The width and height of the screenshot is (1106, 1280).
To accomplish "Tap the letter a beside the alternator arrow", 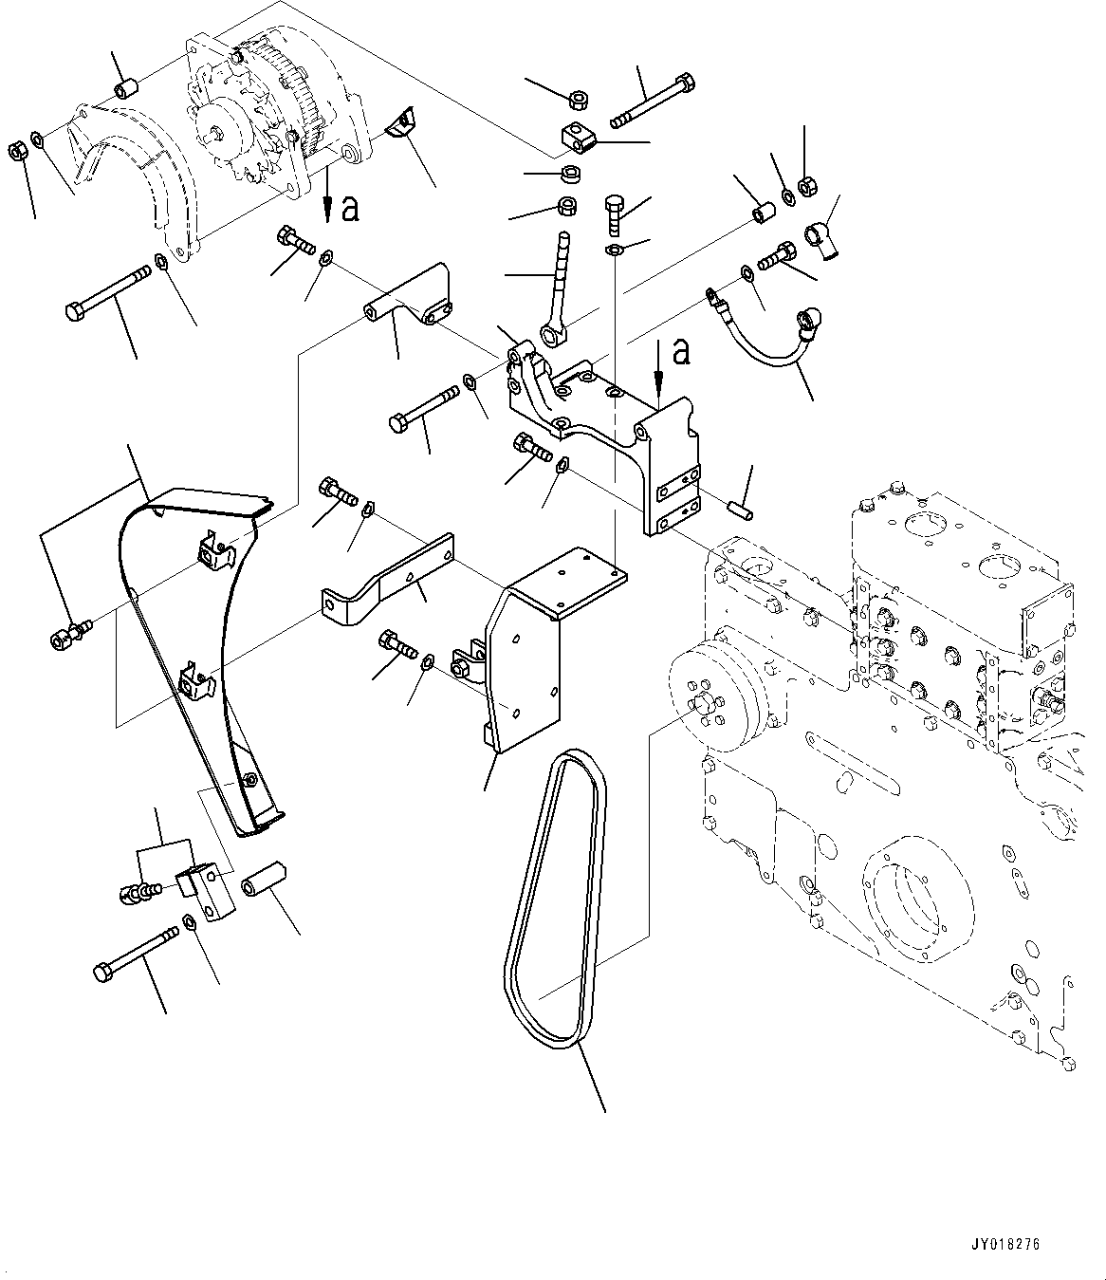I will tap(351, 208).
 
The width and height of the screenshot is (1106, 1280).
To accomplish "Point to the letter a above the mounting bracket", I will tap(680, 352).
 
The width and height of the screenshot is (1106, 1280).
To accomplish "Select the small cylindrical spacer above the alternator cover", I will tap(127, 89).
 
